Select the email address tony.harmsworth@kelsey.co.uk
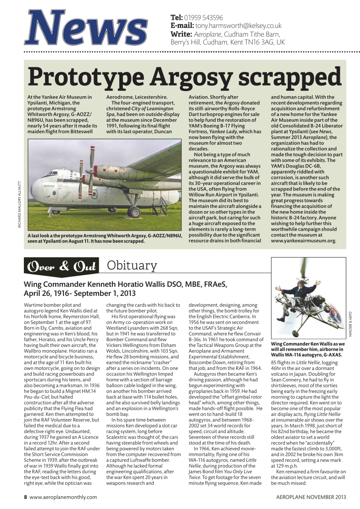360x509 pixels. (238, 26)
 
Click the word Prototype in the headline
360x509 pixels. (86, 77)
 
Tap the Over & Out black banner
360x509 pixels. (62, 267)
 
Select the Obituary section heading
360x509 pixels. (132, 266)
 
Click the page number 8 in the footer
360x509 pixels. (25, 497)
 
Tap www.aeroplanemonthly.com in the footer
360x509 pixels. (63, 497)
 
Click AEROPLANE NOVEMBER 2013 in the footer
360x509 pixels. (311, 497)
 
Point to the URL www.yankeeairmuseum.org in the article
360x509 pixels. (304, 241)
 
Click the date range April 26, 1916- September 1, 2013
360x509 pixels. (80, 293)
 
